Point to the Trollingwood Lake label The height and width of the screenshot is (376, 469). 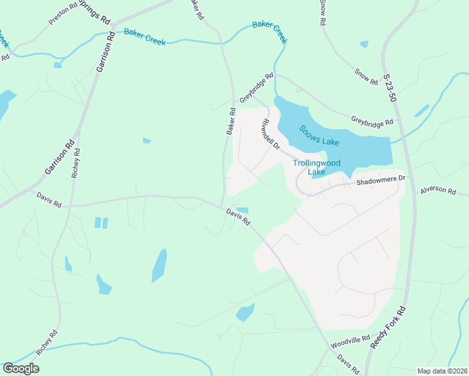(x=317, y=167)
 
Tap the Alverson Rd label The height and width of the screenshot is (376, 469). (x=438, y=189)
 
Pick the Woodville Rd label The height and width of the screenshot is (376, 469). (x=350, y=342)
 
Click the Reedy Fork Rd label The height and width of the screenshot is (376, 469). (x=388, y=327)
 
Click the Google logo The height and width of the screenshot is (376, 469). (x=21, y=368)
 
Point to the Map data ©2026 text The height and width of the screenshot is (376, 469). (x=442, y=371)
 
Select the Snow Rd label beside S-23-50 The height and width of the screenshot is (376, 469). (x=366, y=77)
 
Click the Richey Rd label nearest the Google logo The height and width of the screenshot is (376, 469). (x=47, y=343)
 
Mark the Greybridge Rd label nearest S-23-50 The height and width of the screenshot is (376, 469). (x=372, y=120)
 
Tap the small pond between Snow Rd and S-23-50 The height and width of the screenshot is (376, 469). (x=364, y=44)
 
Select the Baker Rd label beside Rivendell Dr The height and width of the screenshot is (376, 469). (x=231, y=122)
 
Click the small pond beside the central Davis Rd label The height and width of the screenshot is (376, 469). (x=242, y=211)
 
